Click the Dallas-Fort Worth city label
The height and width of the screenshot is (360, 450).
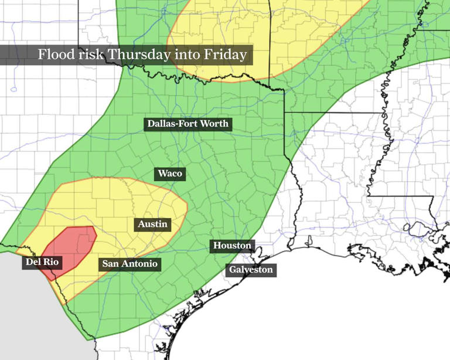(x=187, y=124)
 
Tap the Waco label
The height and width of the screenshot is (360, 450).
(x=170, y=174)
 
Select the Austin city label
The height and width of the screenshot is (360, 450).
(x=152, y=224)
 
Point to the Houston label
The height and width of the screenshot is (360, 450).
(x=232, y=246)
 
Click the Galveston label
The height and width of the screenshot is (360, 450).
(x=251, y=270)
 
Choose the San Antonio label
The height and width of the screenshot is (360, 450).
(x=129, y=264)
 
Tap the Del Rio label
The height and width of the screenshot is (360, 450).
(x=40, y=262)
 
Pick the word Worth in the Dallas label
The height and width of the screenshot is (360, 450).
(x=214, y=124)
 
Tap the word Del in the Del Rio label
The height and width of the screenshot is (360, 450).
(x=33, y=262)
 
